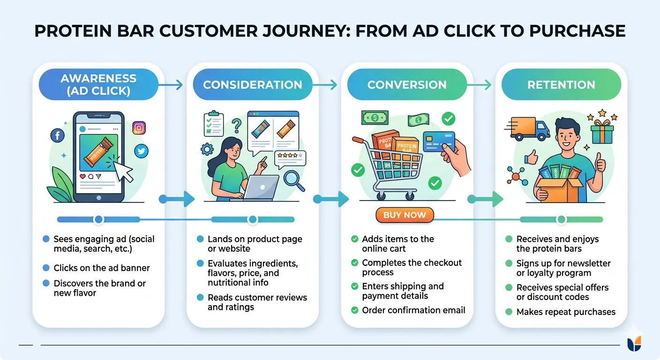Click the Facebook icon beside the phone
click(x=58, y=135)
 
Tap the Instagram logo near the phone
click(x=139, y=128)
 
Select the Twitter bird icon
click(x=142, y=151)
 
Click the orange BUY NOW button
click(x=405, y=215)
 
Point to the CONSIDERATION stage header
click(x=253, y=84)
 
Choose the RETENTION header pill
click(x=561, y=84)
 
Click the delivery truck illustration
click(x=527, y=129)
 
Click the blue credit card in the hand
click(x=439, y=142)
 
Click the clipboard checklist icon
click(x=214, y=124)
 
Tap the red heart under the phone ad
click(x=83, y=176)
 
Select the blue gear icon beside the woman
click(x=207, y=150)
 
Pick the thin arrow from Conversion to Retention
click(x=479, y=85)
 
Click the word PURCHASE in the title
click(x=577, y=31)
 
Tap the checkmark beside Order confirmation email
click(x=355, y=310)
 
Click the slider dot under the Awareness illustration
click(x=98, y=219)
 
